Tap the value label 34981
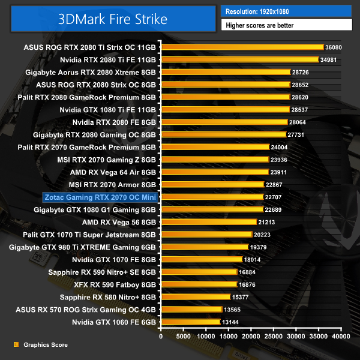point(331,59)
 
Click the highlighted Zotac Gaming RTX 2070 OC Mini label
point(100,197)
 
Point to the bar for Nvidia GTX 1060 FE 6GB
point(190,322)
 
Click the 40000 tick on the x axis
point(341,338)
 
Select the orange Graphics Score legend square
point(16,345)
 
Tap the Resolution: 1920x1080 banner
point(287,11)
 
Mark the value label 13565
point(231,310)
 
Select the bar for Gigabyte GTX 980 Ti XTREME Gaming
point(204,247)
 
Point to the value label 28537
point(302,110)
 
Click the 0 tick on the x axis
point(161,338)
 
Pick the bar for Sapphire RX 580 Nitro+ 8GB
point(195,297)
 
